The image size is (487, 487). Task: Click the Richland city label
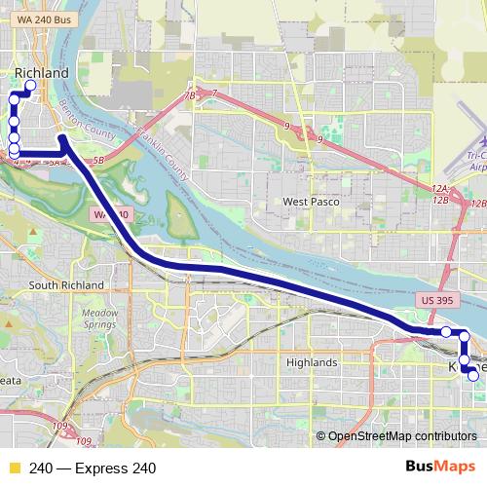42,73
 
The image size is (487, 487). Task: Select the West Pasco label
311,202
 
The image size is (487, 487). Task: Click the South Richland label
66,284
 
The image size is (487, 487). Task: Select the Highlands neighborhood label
312,362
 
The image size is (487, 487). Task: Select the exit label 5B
96,160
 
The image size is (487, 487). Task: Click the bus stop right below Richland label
30,86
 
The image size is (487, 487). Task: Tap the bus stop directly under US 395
446,332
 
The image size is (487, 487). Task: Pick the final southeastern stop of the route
472,375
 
